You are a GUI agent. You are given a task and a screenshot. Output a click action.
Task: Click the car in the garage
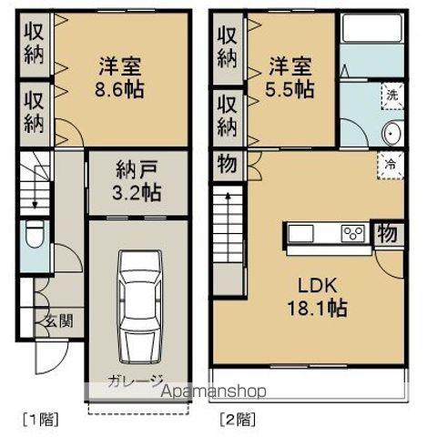coord(137,307)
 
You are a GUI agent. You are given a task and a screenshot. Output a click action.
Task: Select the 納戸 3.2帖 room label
coord(138,180)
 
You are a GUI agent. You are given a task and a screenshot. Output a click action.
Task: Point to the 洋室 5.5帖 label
coord(290,76)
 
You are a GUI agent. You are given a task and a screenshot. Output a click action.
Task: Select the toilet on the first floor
coord(35,238)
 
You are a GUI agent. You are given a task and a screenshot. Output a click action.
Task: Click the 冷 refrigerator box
coord(390,166)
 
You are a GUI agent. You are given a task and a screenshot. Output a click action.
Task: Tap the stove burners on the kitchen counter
coord(352,234)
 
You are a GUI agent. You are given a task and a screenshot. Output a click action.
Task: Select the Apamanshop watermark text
coord(214,392)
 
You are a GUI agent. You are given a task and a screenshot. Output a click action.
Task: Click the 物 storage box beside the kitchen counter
coord(387,232)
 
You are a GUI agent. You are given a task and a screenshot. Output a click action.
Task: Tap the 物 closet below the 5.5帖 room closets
coord(225,166)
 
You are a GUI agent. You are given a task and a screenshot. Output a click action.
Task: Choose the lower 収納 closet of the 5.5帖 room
coord(226,114)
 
